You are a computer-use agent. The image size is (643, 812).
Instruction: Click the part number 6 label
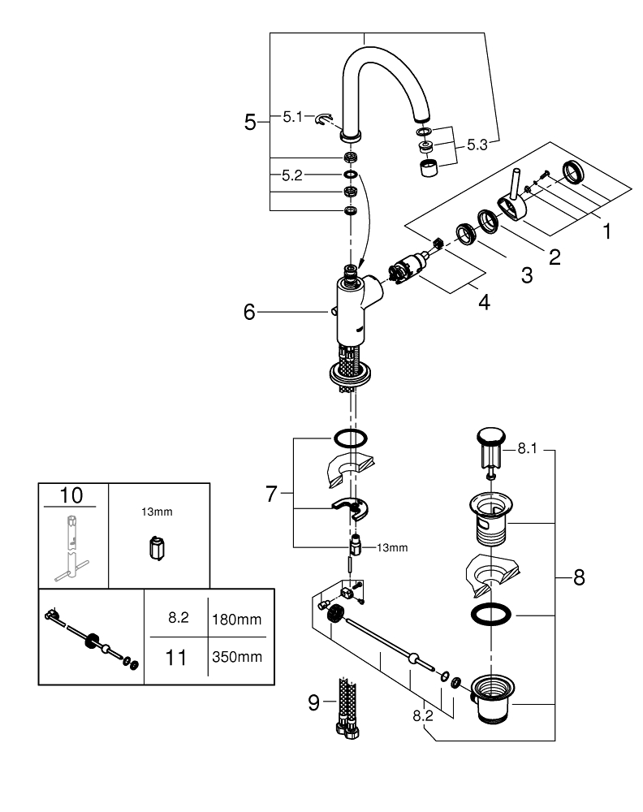coord(249,312)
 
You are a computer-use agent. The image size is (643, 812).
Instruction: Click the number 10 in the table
coord(71,495)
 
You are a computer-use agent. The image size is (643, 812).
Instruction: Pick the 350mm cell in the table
coord(237,656)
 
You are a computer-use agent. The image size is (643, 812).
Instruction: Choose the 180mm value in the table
coord(237,620)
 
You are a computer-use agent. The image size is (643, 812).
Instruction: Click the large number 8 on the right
coord(579,578)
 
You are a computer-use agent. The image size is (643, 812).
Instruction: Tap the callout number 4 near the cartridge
coord(484,303)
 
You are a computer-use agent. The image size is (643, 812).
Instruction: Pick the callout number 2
coord(555,257)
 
